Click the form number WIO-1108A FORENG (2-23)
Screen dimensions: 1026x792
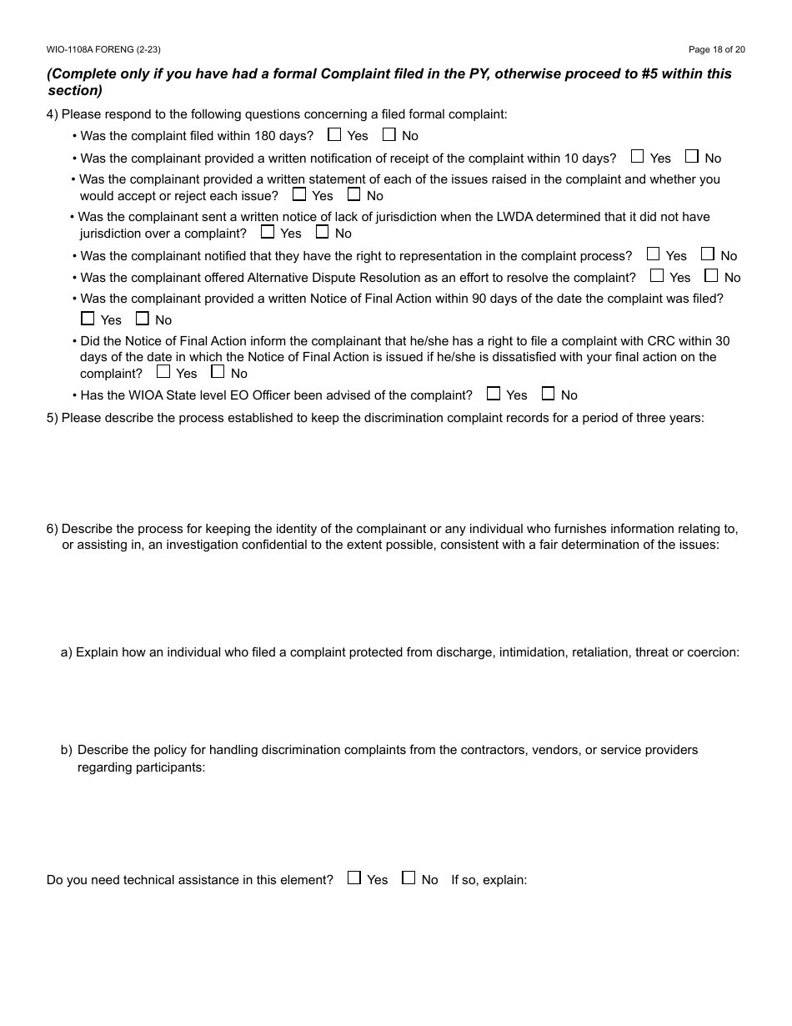point(103,50)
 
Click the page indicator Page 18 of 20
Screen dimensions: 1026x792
point(716,50)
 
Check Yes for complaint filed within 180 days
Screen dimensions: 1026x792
point(334,134)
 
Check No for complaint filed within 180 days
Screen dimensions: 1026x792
point(389,134)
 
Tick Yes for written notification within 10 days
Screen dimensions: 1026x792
point(638,156)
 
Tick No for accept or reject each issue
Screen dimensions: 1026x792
point(353,194)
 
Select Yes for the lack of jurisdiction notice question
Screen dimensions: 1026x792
point(268,232)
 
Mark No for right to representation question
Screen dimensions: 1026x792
point(708,254)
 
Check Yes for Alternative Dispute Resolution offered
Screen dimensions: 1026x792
point(657,275)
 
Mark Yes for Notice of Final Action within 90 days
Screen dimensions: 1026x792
point(88,318)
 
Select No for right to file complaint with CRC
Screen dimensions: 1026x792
point(218,372)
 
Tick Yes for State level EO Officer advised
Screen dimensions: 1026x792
point(494,393)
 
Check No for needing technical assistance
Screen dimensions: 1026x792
point(409,878)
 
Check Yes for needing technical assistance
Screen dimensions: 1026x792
point(354,878)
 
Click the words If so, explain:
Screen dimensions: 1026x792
point(489,880)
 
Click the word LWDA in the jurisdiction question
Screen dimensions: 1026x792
point(476,217)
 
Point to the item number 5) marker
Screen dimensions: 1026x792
point(53,418)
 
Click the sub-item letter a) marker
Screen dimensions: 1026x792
point(66,652)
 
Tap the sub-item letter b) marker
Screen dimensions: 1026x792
point(66,750)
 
